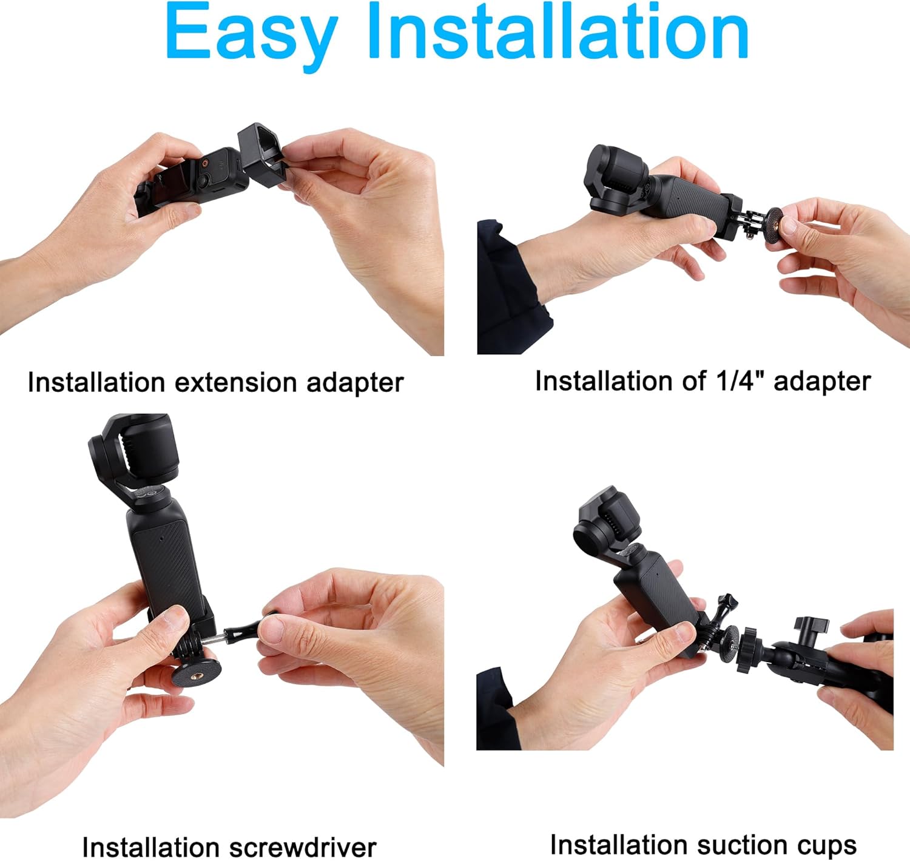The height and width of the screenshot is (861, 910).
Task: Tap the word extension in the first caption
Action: tap(236, 383)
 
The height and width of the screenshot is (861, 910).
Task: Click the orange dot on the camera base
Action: tap(205, 163)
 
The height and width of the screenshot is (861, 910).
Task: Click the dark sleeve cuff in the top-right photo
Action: tap(510, 291)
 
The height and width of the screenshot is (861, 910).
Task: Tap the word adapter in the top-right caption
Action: tap(822, 381)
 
